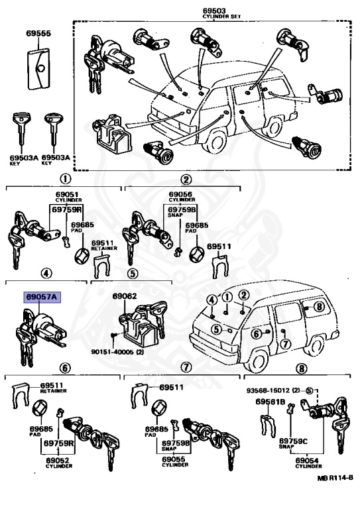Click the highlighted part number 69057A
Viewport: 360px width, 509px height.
tap(42, 297)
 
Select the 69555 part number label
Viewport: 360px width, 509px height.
tap(38, 33)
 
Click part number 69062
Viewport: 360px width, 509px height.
tap(125, 296)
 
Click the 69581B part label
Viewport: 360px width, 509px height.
tap(270, 402)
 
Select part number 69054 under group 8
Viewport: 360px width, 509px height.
tap(307, 460)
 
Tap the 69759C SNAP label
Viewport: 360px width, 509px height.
tap(293, 443)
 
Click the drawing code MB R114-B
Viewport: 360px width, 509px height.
tap(335, 478)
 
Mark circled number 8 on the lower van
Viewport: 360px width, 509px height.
tap(319, 306)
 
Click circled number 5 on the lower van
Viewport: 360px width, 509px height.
tap(216, 329)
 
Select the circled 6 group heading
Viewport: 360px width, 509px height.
tap(64, 368)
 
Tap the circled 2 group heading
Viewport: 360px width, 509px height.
tap(186, 179)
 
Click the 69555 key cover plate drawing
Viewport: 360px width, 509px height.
tap(38, 68)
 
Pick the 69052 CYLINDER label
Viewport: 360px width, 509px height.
tap(58, 462)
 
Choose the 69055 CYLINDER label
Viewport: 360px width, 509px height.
tap(174, 461)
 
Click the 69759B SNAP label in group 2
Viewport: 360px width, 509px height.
tap(182, 211)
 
